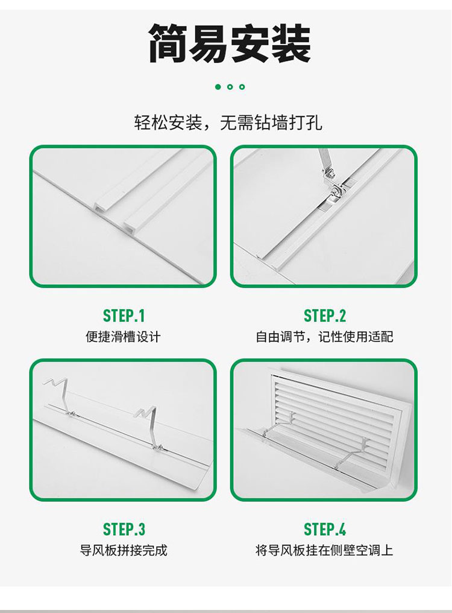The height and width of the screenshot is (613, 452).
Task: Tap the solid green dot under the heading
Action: pyautogui.click(x=218, y=87)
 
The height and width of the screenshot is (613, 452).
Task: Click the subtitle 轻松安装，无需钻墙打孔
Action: pyautogui.click(x=228, y=122)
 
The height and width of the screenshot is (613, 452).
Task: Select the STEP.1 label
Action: pyautogui.click(x=124, y=316)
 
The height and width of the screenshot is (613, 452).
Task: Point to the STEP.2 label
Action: pyautogui.click(x=325, y=316)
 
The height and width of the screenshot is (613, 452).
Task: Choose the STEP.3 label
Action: pyautogui.click(x=124, y=529)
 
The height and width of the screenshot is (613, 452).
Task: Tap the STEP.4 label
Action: pyautogui.click(x=325, y=529)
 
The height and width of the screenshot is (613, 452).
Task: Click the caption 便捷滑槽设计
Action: pyautogui.click(x=123, y=337)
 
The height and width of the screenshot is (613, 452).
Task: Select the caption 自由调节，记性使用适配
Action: pyautogui.click(x=324, y=337)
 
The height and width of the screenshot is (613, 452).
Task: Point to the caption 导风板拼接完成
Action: pyautogui.click(x=124, y=550)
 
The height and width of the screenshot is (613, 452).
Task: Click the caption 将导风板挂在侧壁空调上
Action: pyautogui.click(x=324, y=550)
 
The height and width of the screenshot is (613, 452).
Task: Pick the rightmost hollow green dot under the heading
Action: pyautogui.click(x=242, y=87)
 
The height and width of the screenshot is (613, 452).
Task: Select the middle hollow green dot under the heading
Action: pyautogui.click(x=230, y=87)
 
